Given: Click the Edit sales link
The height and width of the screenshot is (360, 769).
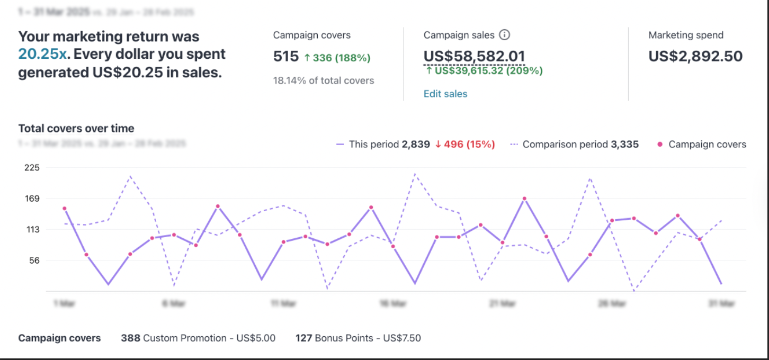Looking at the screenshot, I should tap(445, 94).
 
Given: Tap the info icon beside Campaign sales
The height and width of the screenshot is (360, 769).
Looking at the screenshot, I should tap(505, 35).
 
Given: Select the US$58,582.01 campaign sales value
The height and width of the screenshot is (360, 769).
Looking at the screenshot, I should tap(474, 56).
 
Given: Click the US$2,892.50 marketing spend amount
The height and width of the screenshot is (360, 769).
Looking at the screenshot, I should tap(695, 56).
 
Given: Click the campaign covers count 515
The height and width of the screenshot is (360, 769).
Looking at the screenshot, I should tap(286, 57).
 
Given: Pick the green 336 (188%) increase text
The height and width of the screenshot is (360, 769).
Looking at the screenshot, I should tap(337, 58).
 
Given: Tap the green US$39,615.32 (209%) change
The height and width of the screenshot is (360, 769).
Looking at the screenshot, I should tap(484, 70).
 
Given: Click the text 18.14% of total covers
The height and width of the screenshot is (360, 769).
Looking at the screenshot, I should tap(324, 80).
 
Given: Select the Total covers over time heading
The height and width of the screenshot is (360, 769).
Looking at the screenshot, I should tap(76, 128).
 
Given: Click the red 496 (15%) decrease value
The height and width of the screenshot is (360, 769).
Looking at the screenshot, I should tap(464, 144).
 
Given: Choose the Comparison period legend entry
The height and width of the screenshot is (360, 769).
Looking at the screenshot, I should tap(575, 144).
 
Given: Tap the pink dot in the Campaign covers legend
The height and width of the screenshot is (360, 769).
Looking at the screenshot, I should tap(659, 145).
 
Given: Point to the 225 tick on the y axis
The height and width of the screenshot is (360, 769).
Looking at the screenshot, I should tap(32, 167).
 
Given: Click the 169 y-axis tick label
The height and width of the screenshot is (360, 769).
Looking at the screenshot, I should tap(32, 199).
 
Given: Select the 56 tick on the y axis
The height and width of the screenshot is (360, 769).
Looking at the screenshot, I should tap(33, 260).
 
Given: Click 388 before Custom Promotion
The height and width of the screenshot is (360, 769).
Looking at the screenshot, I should tap(130, 338).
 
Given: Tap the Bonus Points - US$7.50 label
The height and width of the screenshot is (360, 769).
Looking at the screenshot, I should tap(368, 338).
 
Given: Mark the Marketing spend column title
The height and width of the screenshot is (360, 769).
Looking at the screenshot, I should tap(686, 35).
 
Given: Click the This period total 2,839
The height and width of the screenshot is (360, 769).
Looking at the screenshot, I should tap(416, 144).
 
